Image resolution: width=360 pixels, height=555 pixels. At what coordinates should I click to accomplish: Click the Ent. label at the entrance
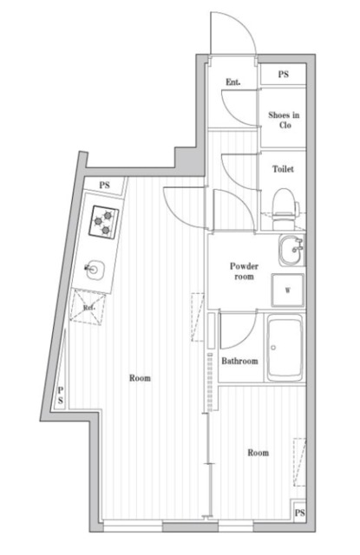(x=232, y=82)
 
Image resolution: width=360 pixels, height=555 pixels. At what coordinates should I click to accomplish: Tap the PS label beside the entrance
(x=283, y=75)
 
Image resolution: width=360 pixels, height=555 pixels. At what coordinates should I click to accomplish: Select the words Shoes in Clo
(x=284, y=118)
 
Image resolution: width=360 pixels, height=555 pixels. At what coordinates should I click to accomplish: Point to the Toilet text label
(x=283, y=168)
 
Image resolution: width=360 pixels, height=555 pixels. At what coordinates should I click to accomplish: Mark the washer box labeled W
(x=287, y=291)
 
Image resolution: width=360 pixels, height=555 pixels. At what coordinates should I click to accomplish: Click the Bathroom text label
(x=239, y=361)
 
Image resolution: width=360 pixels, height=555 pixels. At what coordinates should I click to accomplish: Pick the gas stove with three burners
(x=104, y=221)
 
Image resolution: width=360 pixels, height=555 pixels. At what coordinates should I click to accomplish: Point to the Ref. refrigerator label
(x=88, y=308)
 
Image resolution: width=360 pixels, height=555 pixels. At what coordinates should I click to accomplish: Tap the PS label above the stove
(x=105, y=185)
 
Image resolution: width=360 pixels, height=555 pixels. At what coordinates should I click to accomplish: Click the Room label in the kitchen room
(x=139, y=378)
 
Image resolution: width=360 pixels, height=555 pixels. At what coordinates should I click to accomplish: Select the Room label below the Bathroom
(x=258, y=453)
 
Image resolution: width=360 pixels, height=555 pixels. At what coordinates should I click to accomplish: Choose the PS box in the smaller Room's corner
(x=299, y=513)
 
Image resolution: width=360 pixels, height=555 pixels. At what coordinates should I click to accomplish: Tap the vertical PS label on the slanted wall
(x=60, y=396)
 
